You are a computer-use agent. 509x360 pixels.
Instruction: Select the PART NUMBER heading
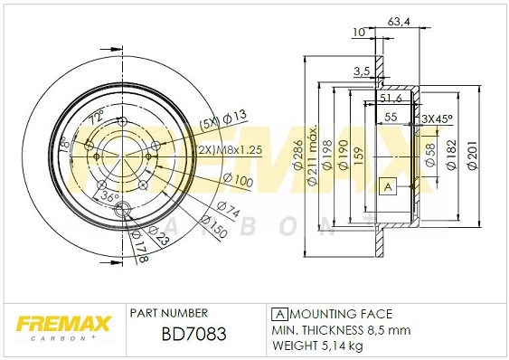[169, 313]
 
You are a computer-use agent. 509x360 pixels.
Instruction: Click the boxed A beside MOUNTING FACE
[278, 313]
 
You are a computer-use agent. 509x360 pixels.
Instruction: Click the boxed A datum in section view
[387, 187]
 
